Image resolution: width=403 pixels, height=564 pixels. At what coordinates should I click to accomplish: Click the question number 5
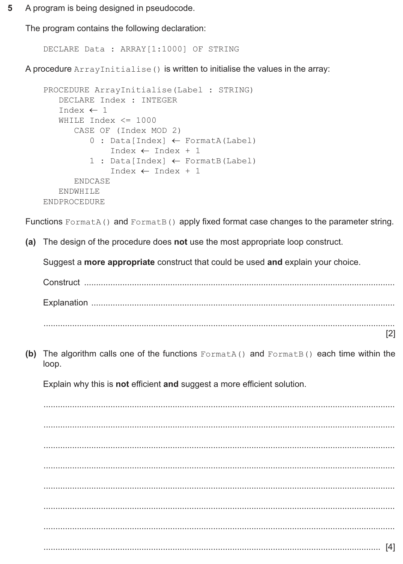click(11, 8)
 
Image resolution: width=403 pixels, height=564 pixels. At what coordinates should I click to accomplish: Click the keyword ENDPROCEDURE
click(74, 202)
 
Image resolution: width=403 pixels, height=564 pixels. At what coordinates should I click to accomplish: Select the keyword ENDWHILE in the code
click(79, 191)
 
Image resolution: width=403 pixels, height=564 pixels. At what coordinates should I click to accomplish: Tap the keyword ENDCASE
click(92, 181)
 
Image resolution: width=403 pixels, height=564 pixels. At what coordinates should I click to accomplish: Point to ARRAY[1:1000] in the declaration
click(153, 49)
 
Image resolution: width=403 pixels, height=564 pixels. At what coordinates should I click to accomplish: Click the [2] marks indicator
click(390, 334)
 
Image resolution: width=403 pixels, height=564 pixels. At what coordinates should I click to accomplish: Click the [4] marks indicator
click(390, 547)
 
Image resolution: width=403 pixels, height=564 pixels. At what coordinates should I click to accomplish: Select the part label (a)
click(30, 242)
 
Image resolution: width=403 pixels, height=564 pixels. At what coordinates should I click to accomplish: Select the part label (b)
click(30, 354)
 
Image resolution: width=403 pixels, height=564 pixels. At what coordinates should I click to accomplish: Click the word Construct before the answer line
click(62, 283)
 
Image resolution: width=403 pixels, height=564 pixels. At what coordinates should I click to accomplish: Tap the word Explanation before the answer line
click(65, 303)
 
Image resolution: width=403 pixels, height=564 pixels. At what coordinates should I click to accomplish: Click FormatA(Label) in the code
click(220, 141)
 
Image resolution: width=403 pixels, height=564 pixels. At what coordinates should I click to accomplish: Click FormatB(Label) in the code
click(220, 161)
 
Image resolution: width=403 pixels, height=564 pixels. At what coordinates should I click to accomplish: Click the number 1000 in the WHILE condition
click(146, 120)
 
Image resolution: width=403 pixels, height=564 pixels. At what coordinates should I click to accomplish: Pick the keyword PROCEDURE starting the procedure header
click(66, 90)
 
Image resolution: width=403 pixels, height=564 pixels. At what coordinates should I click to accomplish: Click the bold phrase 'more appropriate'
click(119, 262)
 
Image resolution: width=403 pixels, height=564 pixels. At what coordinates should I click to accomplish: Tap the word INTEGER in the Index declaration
click(159, 100)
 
